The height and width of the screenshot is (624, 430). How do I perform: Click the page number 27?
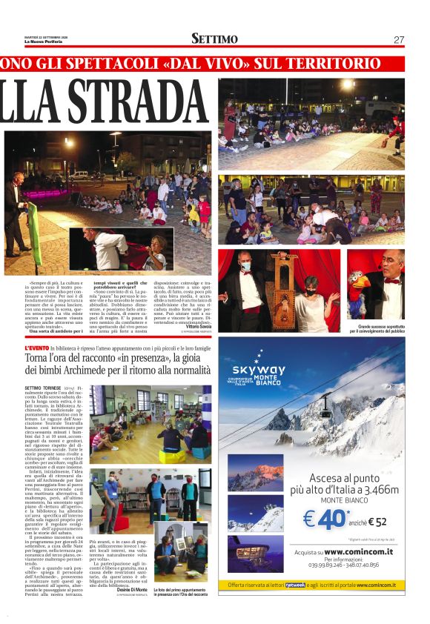398,39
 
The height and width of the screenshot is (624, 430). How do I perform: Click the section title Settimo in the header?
214,39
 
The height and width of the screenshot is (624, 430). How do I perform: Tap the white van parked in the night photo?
76,176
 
